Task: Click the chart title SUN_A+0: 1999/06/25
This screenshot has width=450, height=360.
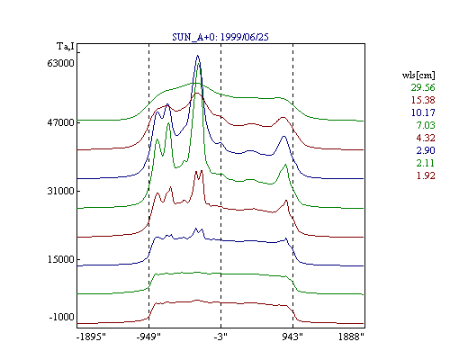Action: coord(220,37)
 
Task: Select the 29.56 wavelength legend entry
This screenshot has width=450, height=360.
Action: coord(423,87)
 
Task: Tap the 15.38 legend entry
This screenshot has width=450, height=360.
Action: coord(423,100)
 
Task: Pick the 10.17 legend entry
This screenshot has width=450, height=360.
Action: coord(423,112)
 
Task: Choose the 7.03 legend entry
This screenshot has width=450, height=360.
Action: coord(426,125)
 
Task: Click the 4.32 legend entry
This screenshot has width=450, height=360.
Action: coord(426,138)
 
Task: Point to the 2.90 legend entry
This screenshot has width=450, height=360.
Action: coord(426,150)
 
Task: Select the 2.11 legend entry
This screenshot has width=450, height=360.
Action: coord(426,163)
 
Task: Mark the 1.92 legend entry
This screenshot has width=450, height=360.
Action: coord(426,175)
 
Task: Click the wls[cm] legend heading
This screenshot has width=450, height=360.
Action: coord(418,75)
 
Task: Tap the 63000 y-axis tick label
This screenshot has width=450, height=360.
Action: coord(60,63)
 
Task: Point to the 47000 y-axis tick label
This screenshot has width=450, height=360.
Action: coord(60,122)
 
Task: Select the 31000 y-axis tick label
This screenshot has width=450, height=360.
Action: coord(60,191)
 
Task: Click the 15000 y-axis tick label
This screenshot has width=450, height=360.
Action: coord(60,259)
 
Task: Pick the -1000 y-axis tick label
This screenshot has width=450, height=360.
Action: coord(61,317)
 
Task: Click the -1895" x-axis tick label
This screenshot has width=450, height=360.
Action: coord(91,337)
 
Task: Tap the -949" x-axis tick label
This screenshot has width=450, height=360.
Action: coord(148,337)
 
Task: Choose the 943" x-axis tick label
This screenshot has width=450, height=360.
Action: coord(292,337)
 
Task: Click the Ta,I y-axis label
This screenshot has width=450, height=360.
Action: coord(66,47)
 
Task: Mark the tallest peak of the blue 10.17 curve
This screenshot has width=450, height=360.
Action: coord(197,56)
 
